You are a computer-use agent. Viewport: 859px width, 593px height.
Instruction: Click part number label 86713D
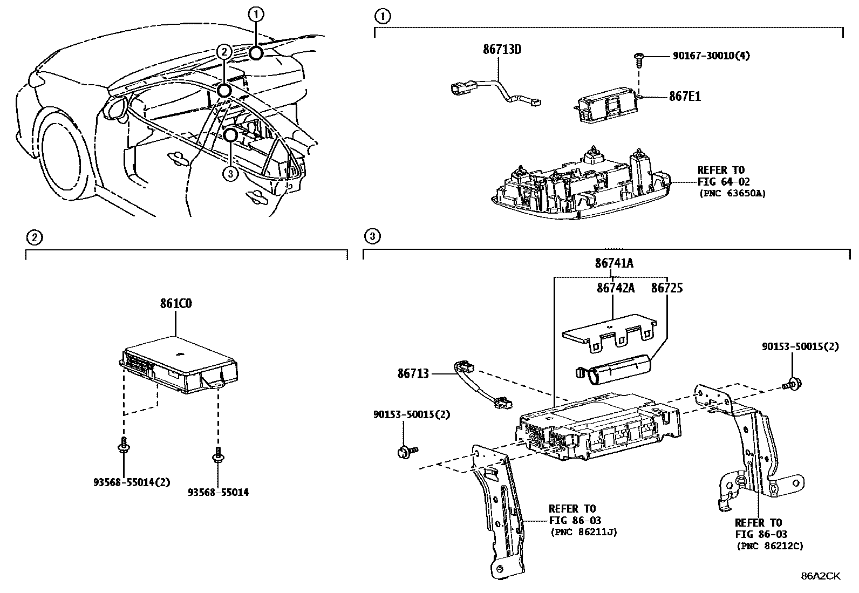click(x=502, y=50)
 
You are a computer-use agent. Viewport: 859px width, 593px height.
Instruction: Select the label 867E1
click(x=685, y=97)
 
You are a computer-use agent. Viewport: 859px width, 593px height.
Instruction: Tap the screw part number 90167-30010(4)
click(x=711, y=56)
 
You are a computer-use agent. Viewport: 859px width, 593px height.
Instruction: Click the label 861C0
click(x=175, y=304)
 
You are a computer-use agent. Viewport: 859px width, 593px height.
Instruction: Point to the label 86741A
click(x=614, y=264)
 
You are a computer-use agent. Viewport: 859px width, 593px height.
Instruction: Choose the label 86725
click(x=666, y=289)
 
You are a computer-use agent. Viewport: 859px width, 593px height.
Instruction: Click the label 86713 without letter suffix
click(x=413, y=373)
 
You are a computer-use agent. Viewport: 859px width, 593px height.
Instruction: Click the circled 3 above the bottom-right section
click(x=372, y=236)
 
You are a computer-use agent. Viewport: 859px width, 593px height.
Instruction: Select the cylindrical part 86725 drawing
click(x=615, y=372)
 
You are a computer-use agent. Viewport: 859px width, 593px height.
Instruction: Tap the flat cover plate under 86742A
click(x=609, y=333)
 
